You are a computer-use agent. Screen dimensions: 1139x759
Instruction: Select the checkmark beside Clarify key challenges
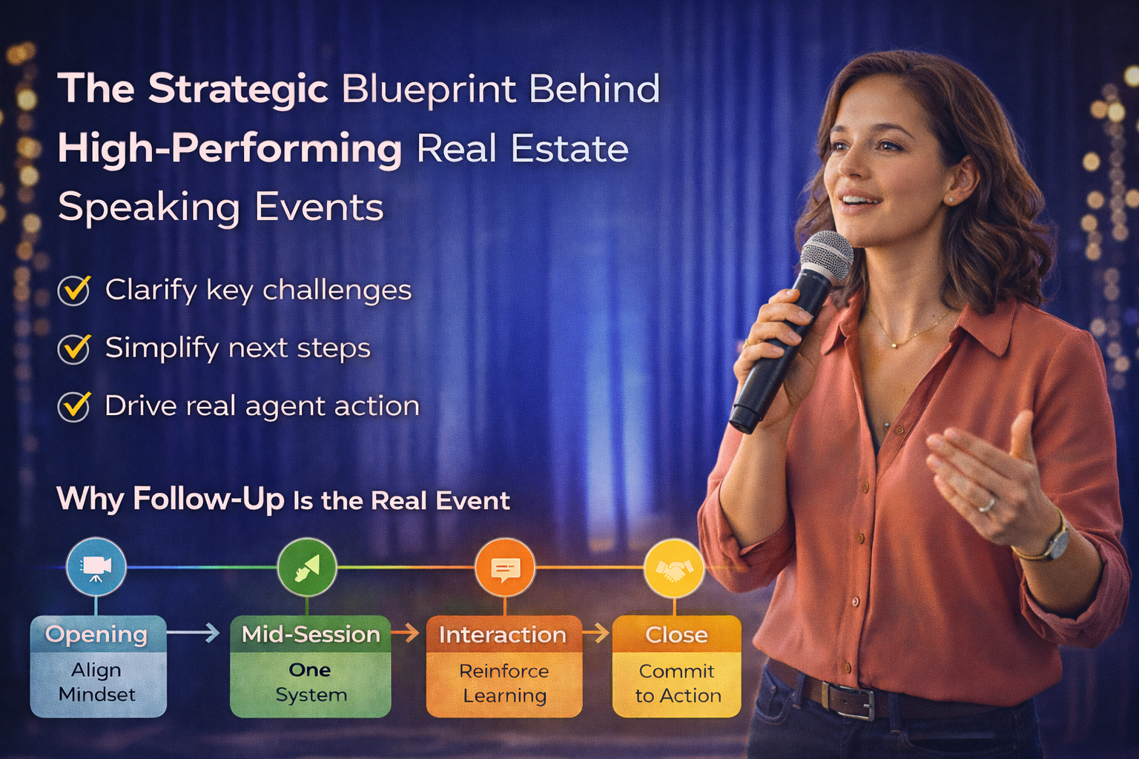pyautogui.click(x=74, y=291)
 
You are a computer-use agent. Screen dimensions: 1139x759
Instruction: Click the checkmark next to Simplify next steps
pyautogui.click(x=74, y=349)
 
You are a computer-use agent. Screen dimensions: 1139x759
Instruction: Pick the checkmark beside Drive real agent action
pyautogui.click(x=74, y=407)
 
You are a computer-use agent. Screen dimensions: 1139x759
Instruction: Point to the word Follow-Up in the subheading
pyautogui.click(x=209, y=499)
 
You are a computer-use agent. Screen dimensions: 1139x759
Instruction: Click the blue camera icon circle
pyautogui.click(x=96, y=567)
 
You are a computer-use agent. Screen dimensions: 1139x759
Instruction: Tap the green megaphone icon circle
pyautogui.click(x=307, y=567)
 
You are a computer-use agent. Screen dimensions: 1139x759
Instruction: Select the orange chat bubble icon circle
pyautogui.click(x=504, y=567)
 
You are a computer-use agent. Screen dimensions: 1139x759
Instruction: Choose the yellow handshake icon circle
pyautogui.click(x=674, y=567)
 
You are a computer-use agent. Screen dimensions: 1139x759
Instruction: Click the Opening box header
pyautogui.click(x=99, y=634)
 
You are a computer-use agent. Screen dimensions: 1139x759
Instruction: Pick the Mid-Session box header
pyautogui.click(x=311, y=634)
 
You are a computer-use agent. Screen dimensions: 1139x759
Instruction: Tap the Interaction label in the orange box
pyautogui.click(x=503, y=635)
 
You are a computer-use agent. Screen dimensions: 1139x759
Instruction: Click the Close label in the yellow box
pyautogui.click(x=676, y=635)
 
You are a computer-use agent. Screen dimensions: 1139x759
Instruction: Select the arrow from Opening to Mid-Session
pyautogui.click(x=194, y=633)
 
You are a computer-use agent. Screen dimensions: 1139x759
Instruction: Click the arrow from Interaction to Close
pyautogui.click(x=596, y=634)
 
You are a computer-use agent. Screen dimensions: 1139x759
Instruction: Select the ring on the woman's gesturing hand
pyautogui.click(x=988, y=505)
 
